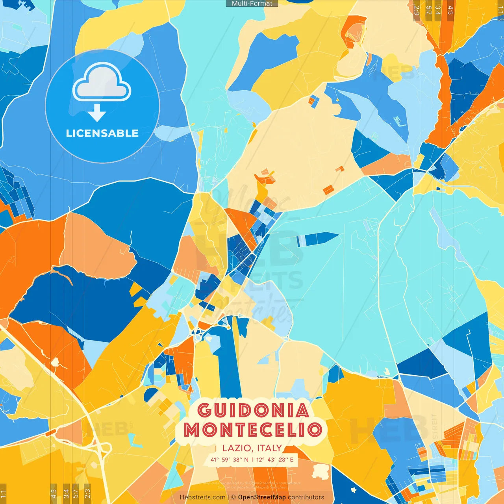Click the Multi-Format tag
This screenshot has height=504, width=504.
click(252, 4)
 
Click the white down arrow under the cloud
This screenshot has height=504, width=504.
click(97, 113)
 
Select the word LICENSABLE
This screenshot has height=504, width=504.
click(102, 133)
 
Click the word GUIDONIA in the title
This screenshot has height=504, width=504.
click(253, 411)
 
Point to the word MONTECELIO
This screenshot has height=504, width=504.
click(253, 430)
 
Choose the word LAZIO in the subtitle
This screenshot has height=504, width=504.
click(237, 448)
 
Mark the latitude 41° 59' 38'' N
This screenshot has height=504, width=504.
click(229, 460)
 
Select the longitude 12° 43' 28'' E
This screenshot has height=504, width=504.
click(275, 460)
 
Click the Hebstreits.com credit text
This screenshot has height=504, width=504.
click(202, 497)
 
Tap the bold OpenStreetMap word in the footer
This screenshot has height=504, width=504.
click(262, 497)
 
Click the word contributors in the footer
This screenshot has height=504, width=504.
click(306, 497)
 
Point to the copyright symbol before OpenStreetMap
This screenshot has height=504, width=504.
click(233, 497)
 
